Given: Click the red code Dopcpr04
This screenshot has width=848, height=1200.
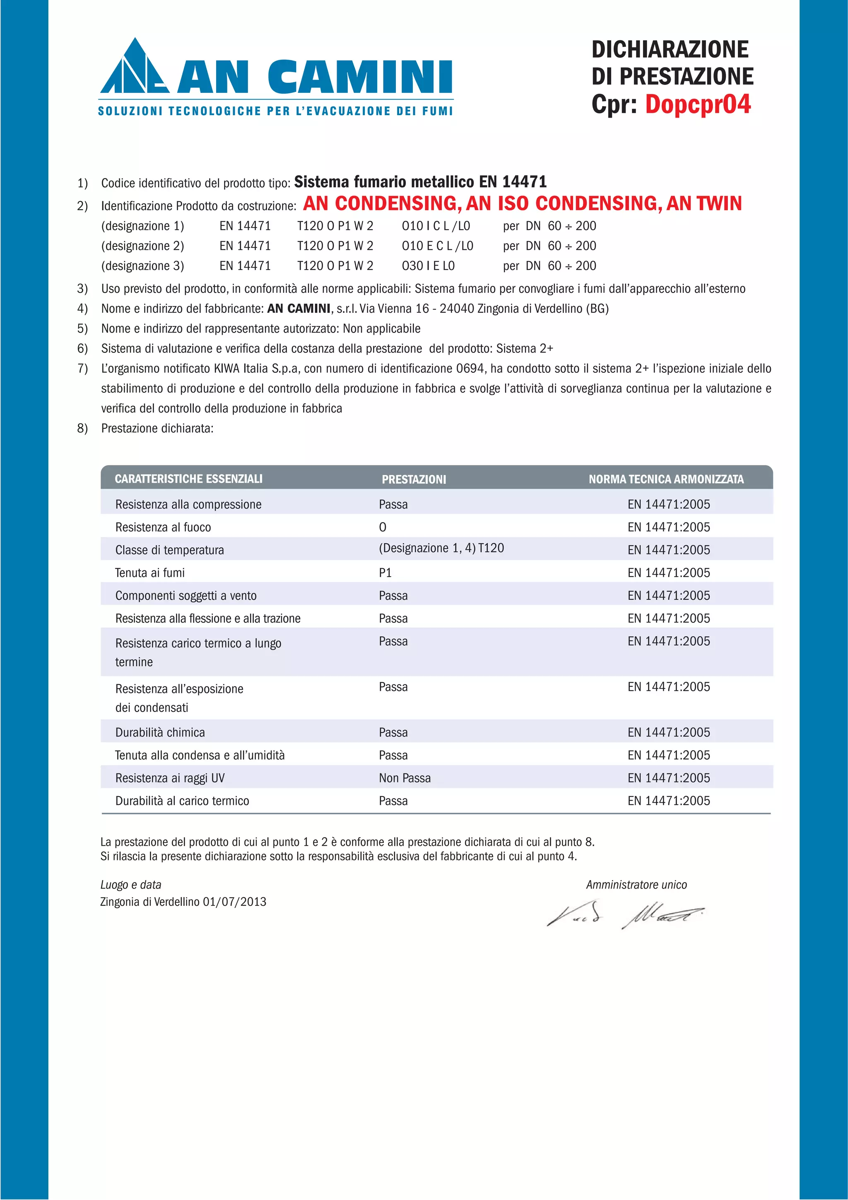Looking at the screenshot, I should pyautogui.click(x=698, y=104).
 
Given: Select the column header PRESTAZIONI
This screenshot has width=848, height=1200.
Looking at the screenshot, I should pyautogui.click(x=414, y=479).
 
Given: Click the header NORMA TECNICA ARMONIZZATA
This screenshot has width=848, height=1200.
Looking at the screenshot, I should pyautogui.click(x=666, y=479).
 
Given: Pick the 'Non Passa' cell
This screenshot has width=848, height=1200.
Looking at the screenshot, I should pyautogui.click(x=405, y=778).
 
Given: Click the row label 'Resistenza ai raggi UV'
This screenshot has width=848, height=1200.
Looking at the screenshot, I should pyautogui.click(x=170, y=778).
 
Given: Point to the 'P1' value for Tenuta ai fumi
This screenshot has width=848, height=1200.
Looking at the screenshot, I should pyautogui.click(x=385, y=573).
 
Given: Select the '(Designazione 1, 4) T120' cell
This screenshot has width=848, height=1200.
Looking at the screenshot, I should pyautogui.click(x=441, y=548).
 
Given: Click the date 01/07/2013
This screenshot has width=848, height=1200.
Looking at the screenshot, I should pyautogui.click(x=235, y=902).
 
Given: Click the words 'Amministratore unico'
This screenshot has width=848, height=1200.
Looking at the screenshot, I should pyautogui.click(x=636, y=885).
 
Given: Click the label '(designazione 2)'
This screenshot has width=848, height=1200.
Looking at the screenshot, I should pyautogui.click(x=142, y=246).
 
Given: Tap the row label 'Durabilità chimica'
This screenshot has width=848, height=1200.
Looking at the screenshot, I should pyautogui.click(x=160, y=733).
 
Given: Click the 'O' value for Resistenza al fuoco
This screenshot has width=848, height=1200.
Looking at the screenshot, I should pyautogui.click(x=383, y=527).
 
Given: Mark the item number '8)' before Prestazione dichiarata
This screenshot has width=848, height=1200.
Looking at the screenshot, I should pyautogui.click(x=82, y=429).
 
